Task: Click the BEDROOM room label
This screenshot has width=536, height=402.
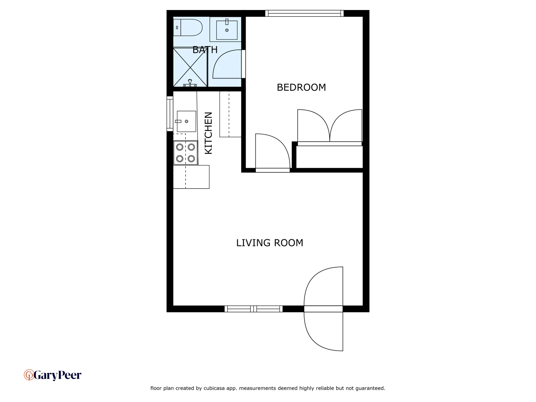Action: [301, 87]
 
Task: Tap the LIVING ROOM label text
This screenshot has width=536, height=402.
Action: [269, 243]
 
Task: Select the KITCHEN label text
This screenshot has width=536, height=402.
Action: [208, 133]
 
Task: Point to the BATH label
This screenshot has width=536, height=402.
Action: [205, 50]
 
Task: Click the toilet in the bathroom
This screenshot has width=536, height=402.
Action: [188, 28]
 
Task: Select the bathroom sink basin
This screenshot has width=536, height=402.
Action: [227, 29]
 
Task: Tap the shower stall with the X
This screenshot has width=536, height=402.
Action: [190, 67]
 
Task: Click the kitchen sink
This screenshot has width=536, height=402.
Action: [186, 121]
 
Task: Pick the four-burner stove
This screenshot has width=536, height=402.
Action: [185, 153]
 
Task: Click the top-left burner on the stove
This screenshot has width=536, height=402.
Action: [180, 147]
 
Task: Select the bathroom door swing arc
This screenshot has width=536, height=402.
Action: [227, 64]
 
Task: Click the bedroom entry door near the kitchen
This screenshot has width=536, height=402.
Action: [272, 153]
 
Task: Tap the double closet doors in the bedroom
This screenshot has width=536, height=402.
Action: [329, 127]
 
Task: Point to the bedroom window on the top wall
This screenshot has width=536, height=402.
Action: [304, 13]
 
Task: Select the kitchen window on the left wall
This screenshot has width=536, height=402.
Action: [170, 114]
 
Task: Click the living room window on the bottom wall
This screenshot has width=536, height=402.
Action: [253, 309]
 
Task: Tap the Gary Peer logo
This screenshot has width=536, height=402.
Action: [52, 375]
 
